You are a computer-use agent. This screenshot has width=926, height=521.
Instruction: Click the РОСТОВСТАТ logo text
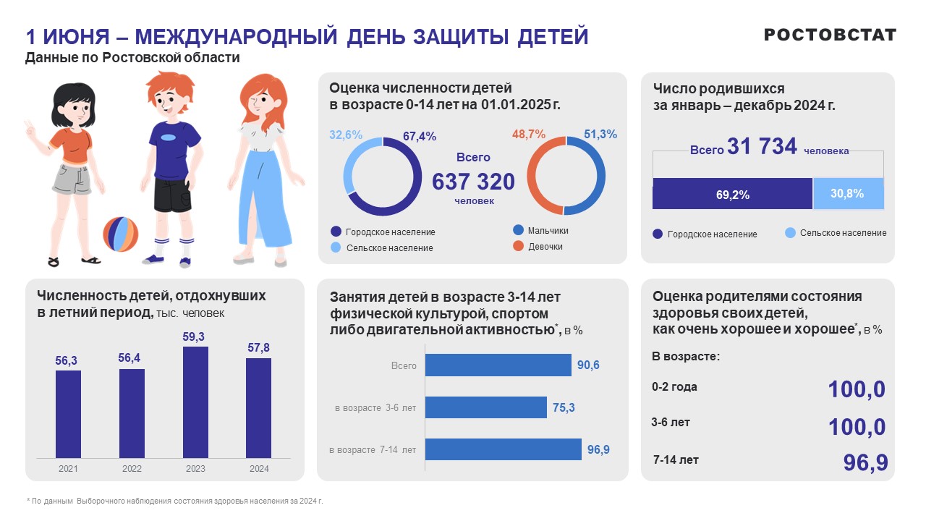830,35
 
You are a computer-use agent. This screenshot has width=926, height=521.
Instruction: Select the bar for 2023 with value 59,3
195,402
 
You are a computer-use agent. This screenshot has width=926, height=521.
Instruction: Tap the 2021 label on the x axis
68,469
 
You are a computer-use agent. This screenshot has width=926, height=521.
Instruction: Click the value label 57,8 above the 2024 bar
258,348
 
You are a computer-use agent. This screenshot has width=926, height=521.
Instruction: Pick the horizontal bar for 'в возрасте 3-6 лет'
485,407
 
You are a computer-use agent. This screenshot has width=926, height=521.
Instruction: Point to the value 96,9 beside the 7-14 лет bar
598,450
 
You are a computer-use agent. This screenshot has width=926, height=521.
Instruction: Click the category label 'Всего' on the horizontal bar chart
404,366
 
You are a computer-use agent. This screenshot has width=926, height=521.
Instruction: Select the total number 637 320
473,182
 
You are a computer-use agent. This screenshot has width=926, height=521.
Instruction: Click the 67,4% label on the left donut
419,136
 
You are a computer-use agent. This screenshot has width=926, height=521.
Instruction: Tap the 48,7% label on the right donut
528,135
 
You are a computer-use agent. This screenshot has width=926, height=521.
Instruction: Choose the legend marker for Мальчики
518,230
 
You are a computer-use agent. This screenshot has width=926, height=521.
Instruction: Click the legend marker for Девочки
518,246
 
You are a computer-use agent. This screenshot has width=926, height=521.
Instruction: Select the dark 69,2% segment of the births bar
732,194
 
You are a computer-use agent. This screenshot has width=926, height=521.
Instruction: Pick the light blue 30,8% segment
848,193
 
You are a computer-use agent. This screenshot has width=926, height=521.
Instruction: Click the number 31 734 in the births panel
763,147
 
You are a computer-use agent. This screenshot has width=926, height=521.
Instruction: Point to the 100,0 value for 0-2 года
857,389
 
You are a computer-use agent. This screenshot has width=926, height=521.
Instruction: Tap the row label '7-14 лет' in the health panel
676,460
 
